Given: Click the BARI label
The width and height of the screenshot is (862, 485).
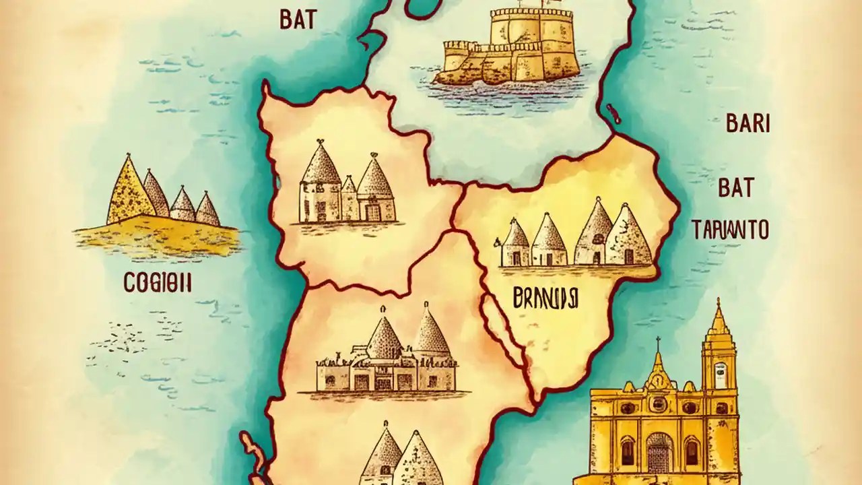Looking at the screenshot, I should point(748,124).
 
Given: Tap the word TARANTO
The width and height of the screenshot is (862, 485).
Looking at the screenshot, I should point(730,230).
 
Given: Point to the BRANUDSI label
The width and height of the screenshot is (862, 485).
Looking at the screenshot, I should point(548,298).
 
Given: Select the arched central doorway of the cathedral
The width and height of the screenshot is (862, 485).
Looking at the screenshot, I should point(659,451).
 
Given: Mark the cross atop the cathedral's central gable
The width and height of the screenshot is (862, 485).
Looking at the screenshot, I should point(658,342).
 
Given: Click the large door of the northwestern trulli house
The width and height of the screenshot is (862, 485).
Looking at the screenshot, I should point(372,212).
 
